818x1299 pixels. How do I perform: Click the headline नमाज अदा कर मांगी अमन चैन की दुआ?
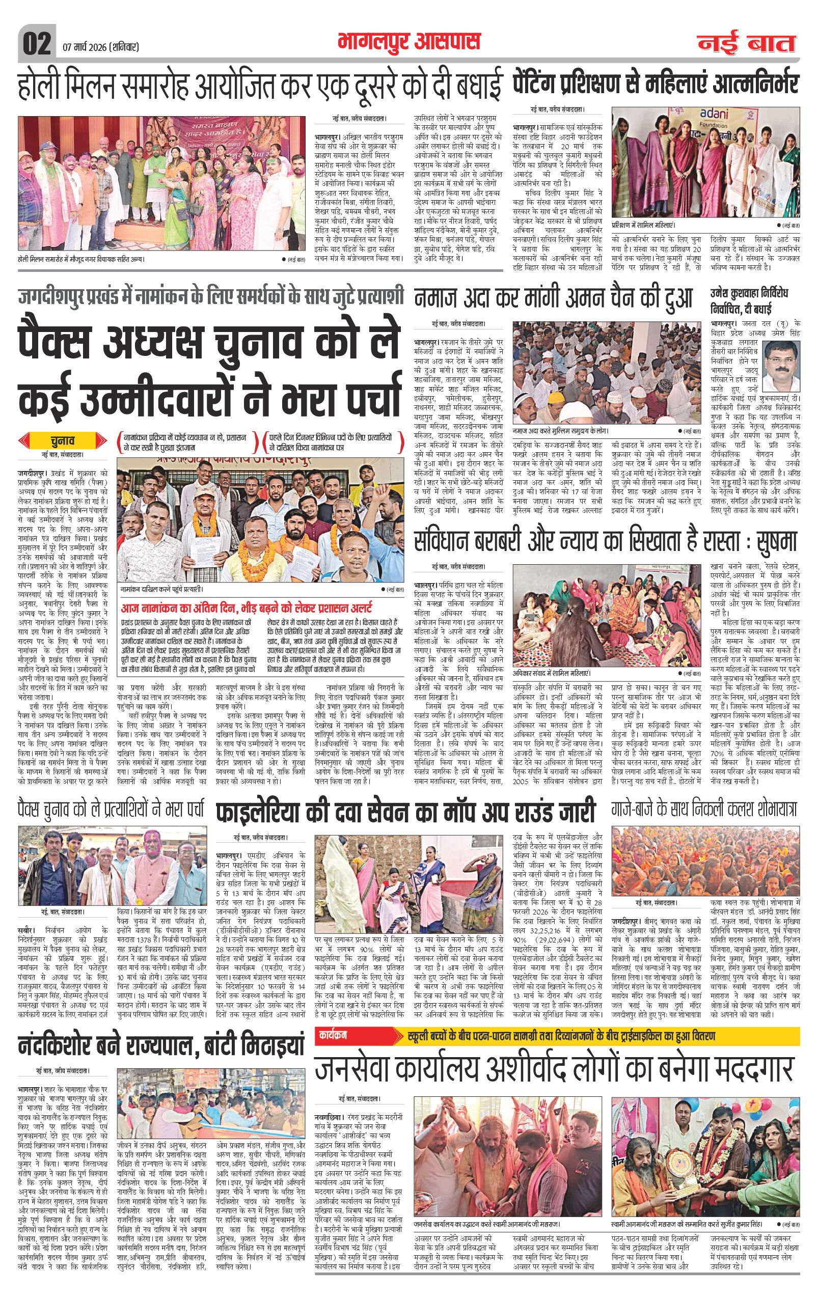pos(553,297)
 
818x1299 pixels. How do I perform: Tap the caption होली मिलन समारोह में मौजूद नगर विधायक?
pos(82,258)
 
